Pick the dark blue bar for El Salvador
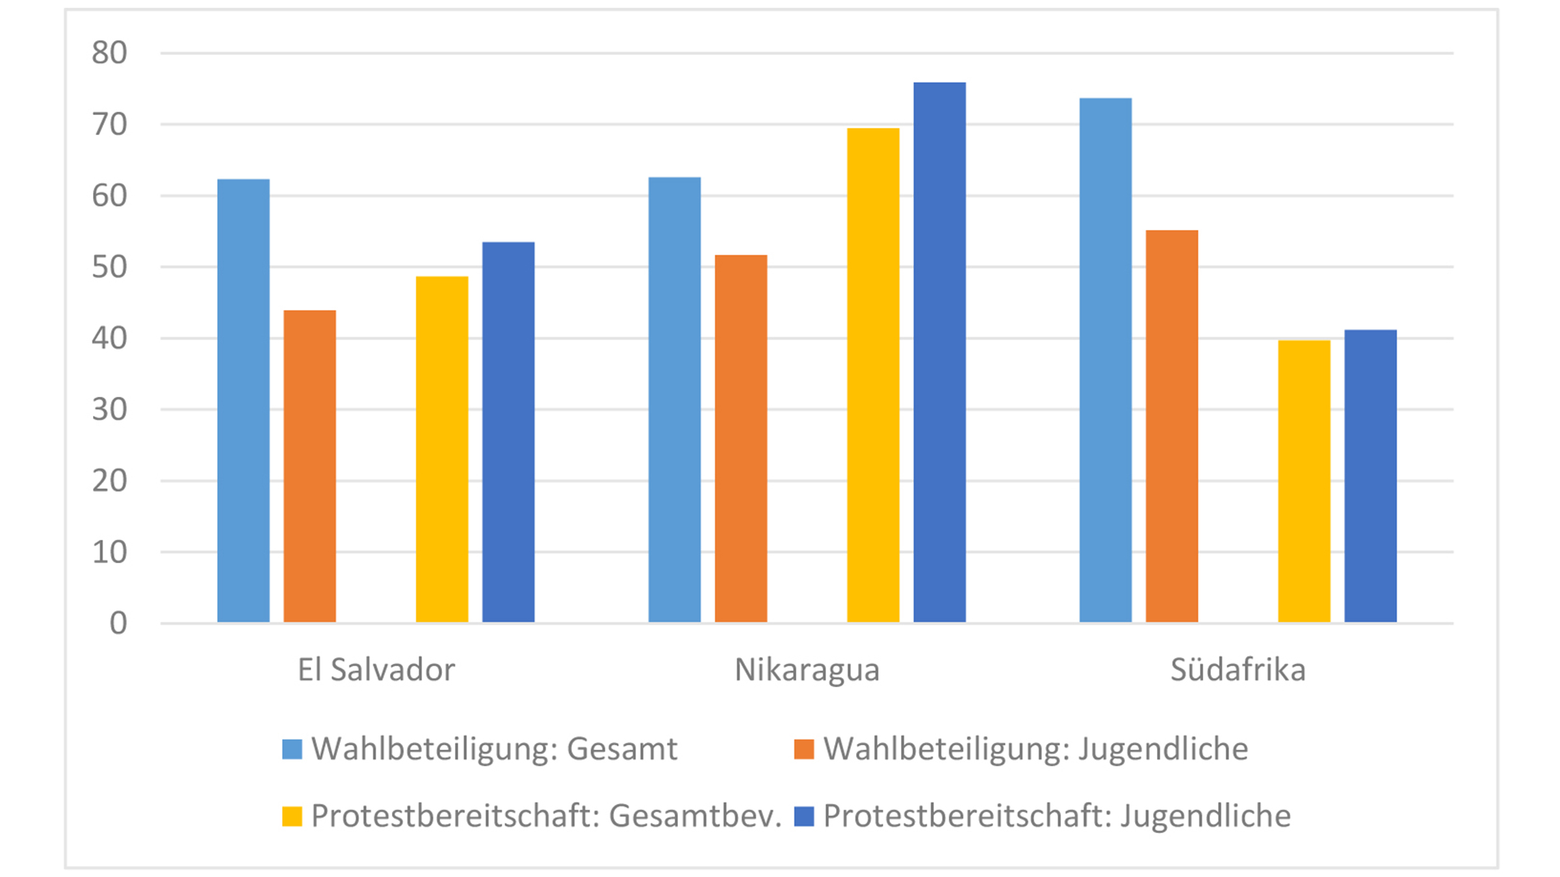tap(508, 432)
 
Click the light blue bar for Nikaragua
tap(675, 400)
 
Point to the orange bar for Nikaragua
tap(741, 438)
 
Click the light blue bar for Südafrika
tap(1106, 361)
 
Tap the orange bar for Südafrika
tap(1172, 426)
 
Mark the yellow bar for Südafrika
tap(1304, 481)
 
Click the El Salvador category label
tap(376, 670)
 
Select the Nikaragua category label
tap(807, 670)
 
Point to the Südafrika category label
tap(1238, 670)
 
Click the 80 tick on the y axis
tap(109, 53)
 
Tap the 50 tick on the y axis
tap(109, 267)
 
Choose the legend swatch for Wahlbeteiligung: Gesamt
tap(292, 749)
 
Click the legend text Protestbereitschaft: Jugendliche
tap(1057, 816)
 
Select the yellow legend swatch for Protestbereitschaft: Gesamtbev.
tap(292, 816)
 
